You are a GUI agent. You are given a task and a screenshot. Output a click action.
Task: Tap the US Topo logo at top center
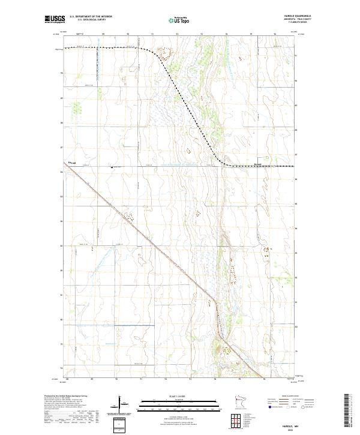pos(179,20)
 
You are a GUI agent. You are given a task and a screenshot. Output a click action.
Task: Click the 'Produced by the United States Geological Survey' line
pos(65,396)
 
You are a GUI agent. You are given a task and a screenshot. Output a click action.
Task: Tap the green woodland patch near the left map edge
pos(76,109)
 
